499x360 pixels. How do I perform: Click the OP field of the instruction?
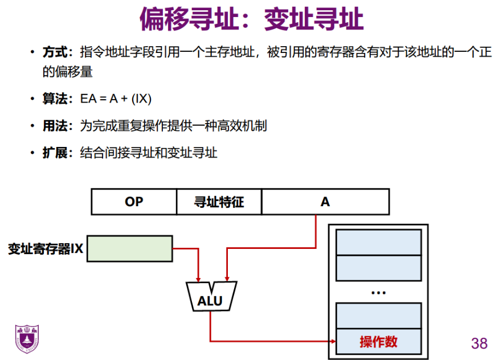tap(134, 202)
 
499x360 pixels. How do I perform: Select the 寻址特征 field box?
tap(219, 202)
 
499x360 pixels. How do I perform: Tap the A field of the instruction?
tap(325, 202)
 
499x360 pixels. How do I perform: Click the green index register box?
tap(129, 249)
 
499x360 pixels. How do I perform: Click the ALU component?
tap(211, 297)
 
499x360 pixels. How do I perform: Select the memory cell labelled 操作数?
tap(379, 341)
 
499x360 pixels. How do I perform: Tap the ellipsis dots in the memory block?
tap(378, 292)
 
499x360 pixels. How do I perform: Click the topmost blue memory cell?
tap(379, 242)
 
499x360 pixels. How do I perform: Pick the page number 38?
tap(479, 343)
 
